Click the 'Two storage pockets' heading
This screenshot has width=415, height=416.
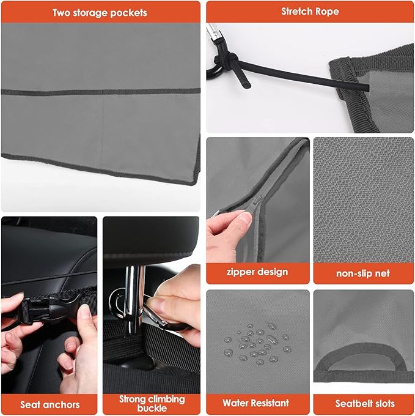coord(100,12)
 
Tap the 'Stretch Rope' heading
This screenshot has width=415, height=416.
coord(310,12)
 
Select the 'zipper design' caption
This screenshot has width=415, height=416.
coord(257,272)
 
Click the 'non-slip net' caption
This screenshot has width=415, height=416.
coord(364,273)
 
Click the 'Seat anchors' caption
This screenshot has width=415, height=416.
coord(50,404)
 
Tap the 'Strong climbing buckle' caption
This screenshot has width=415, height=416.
coord(152,404)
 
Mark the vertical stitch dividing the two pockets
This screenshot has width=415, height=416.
coord(101,122)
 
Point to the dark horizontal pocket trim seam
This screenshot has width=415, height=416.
coord(101,92)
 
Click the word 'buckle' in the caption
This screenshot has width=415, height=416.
coord(152,409)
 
